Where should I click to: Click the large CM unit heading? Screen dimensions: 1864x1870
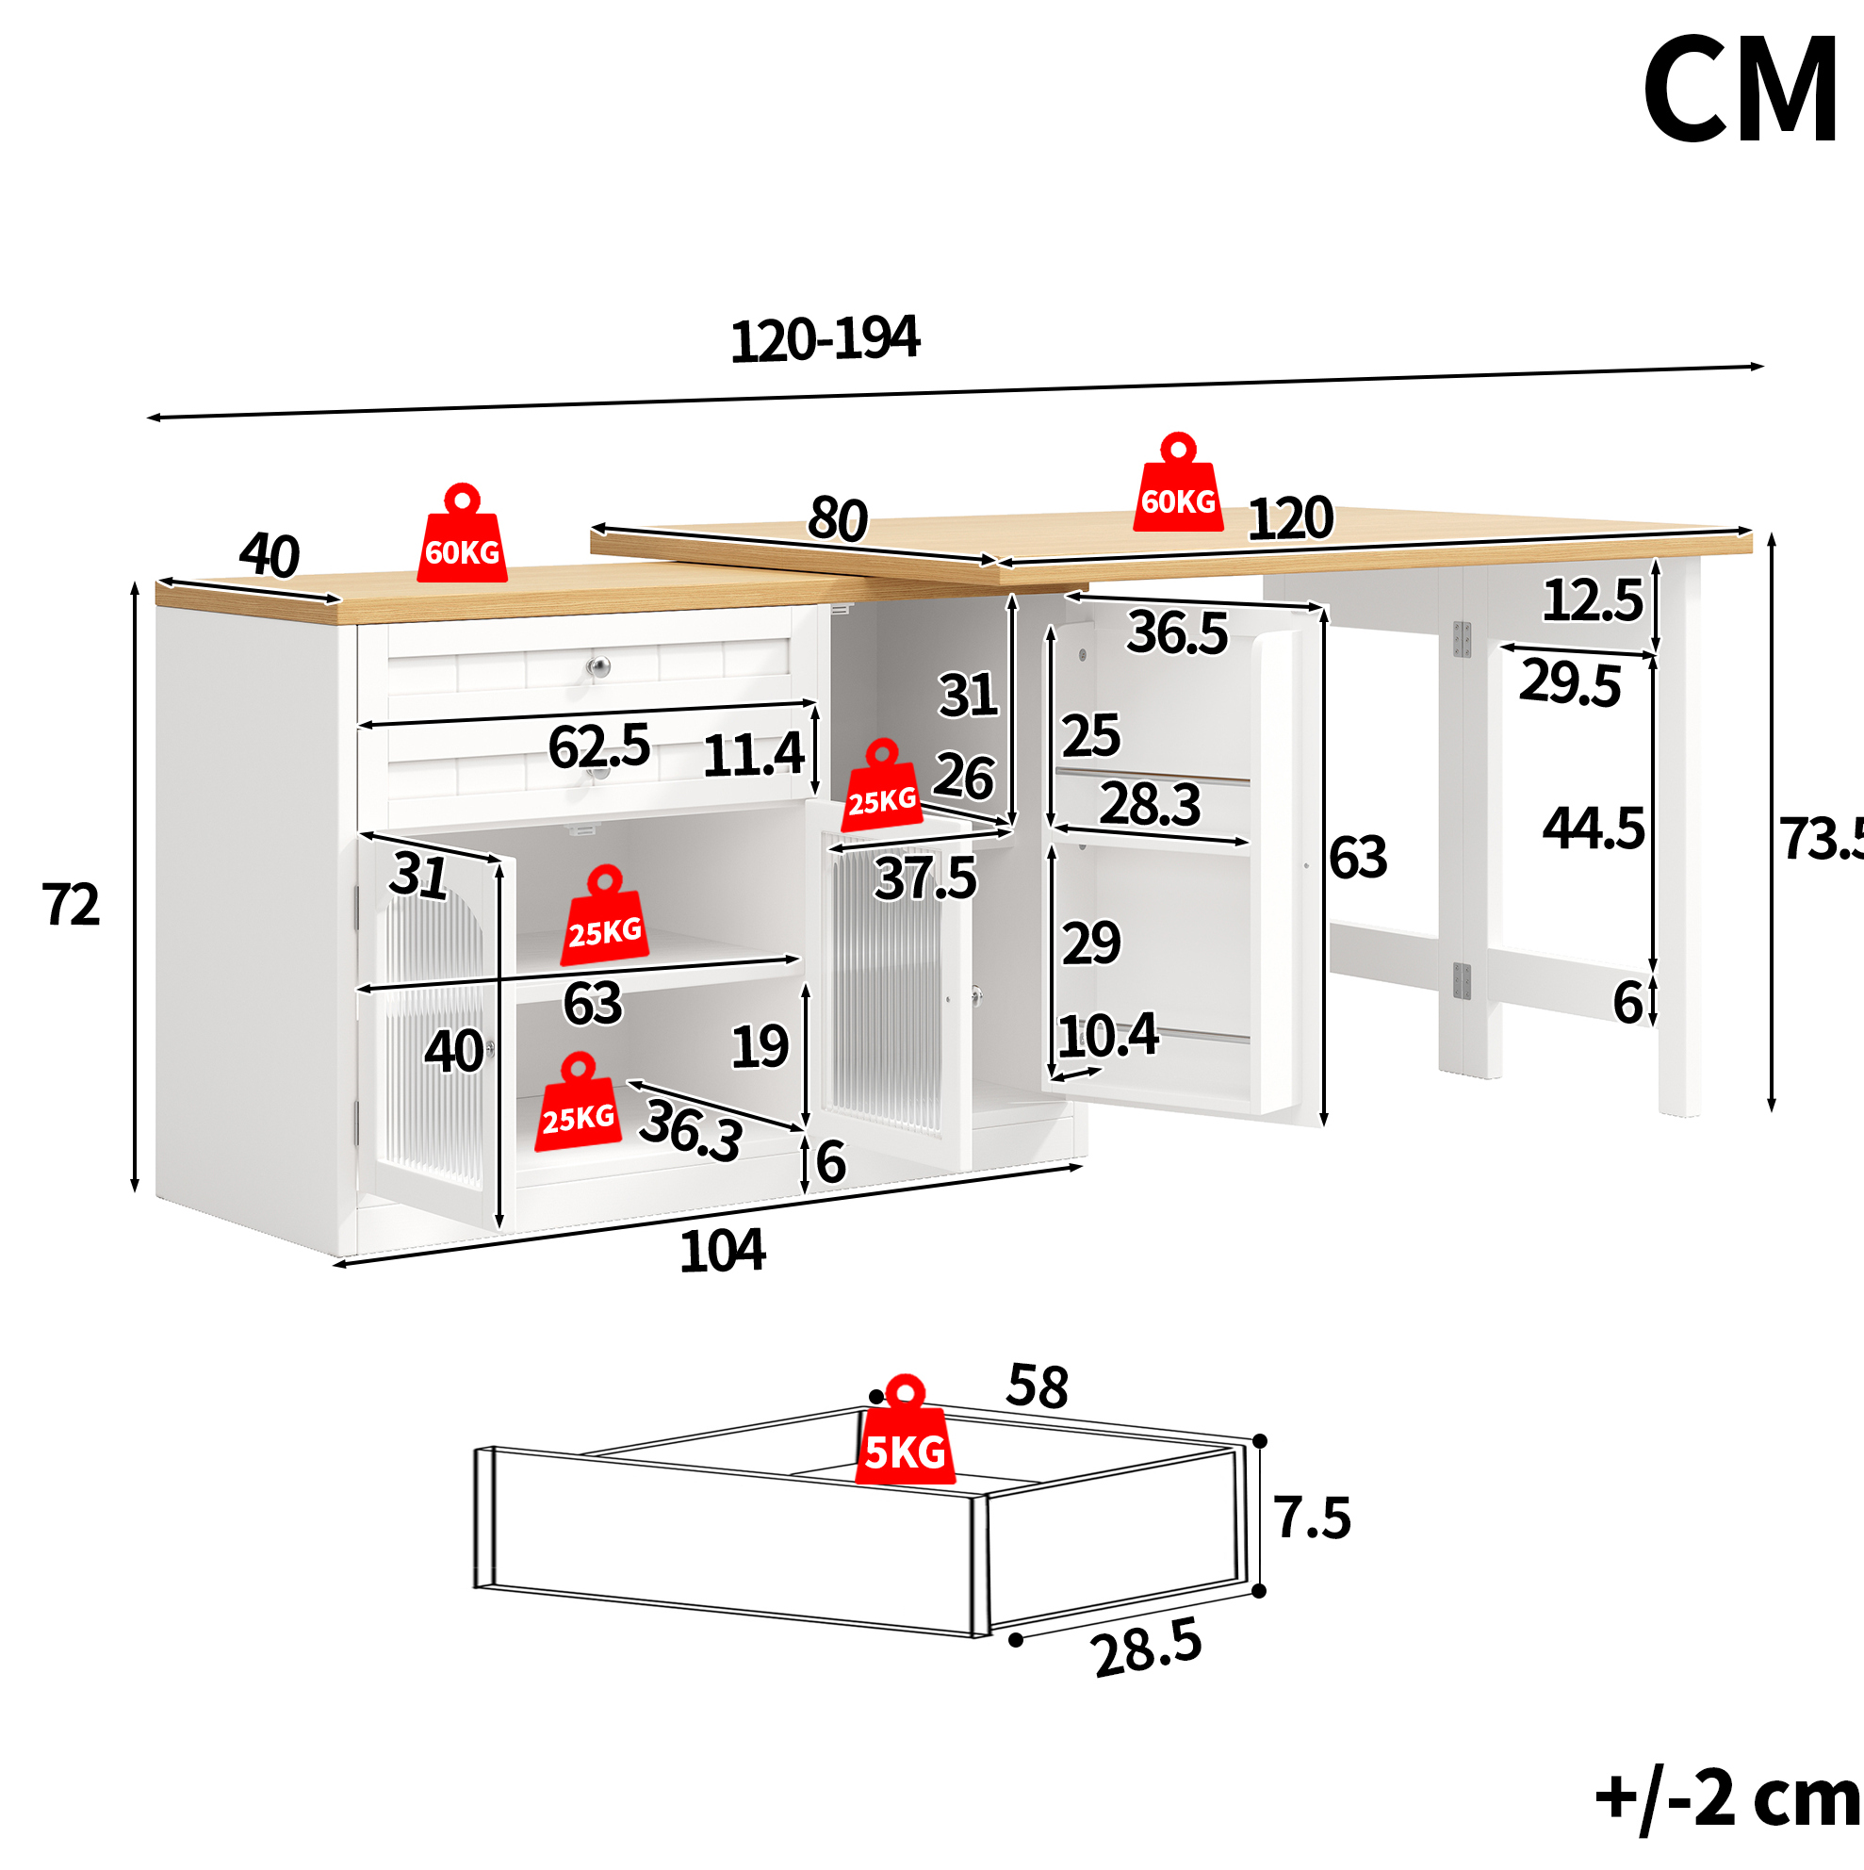pyautogui.click(x=1741, y=90)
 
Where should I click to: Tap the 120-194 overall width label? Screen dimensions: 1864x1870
pyautogui.click(x=825, y=339)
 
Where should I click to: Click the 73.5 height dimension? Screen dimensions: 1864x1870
pyautogui.click(x=1822, y=838)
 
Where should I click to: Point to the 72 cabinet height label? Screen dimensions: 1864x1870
pyautogui.click(x=71, y=905)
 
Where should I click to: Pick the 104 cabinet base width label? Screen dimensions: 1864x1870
pyautogui.click(x=722, y=1252)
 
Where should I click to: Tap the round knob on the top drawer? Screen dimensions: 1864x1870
pyautogui.click(x=600, y=666)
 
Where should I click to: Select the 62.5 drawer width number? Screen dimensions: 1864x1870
pyautogui.click(x=599, y=746)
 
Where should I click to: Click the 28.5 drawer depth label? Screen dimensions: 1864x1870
pyautogui.click(x=1147, y=1649)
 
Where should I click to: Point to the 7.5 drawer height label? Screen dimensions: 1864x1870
pyautogui.click(x=1313, y=1517)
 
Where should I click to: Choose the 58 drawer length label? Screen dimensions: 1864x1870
pyautogui.click(x=1038, y=1386)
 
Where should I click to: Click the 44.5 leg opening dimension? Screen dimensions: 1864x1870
pyautogui.click(x=1593, y=829)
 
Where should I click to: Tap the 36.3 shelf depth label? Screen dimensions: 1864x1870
pyautogui.click(x=691, y=1129)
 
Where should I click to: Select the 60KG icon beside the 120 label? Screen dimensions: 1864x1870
pyautogui.click(x=1178, y=482)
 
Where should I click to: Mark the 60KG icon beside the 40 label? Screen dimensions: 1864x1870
pyautogui.click(x=462, y=533)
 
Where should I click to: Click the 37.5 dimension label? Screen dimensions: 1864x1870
pyautogui.click(x=925, y=878)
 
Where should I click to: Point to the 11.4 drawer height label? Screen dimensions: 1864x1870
pyautogui.click(x=753, y=755)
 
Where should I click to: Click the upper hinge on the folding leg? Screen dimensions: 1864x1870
pyautogui.click(x=1462, y=639)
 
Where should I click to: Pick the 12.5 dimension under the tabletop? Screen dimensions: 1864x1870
pyautogui.click(x=1592, y=600)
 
